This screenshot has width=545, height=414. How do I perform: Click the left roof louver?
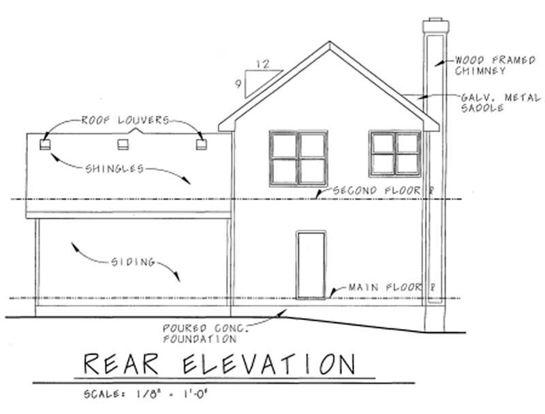point(46,144)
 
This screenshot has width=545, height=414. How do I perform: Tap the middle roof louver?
point(123,144)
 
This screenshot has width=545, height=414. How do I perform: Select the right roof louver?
point(200,144)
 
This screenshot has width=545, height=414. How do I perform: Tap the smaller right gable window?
point(394,154)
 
